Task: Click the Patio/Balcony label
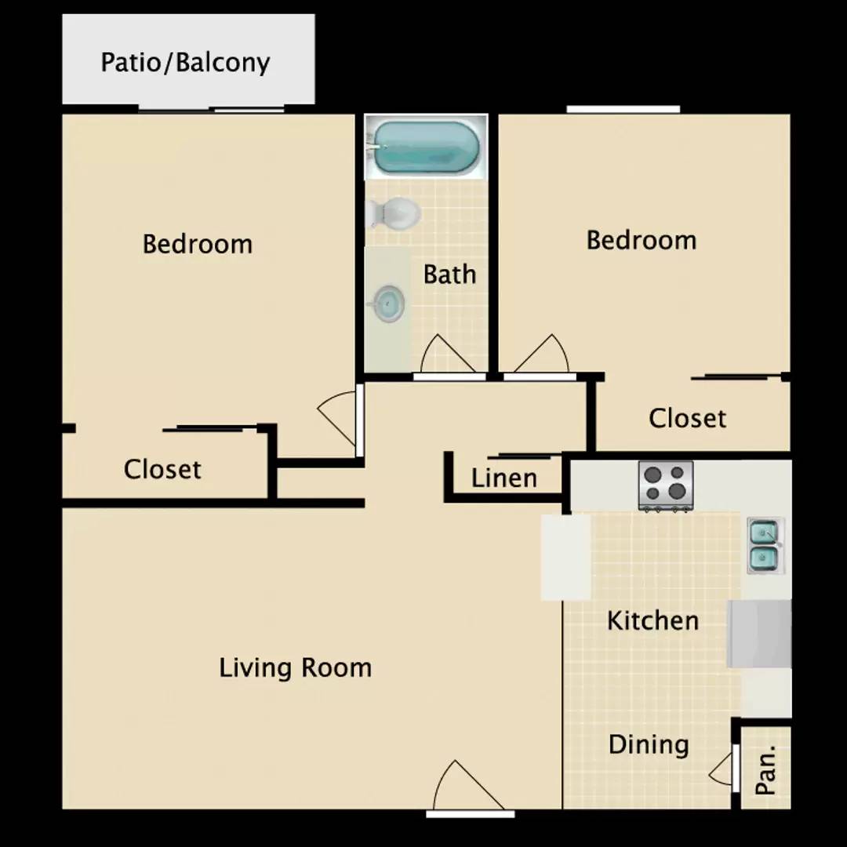click(x=185, y=62)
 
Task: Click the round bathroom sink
click(x=388, y=303)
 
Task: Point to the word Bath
click(x=449, y=274)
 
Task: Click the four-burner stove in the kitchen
click(x=666, y=485)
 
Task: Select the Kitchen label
click(x=653, y=621)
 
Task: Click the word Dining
click(x=649, y=744)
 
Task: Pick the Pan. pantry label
click(x=765, y=769)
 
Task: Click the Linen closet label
click(x=504, y=478)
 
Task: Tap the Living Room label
click(x=295, y=668)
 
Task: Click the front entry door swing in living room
click(x=463, y=787)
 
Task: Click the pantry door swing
click(x=723, y=769)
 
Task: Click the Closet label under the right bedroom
click(x=687, y=418)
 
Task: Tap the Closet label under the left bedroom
click(x=162, y=469)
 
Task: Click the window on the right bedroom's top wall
click(x=623, y=110)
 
